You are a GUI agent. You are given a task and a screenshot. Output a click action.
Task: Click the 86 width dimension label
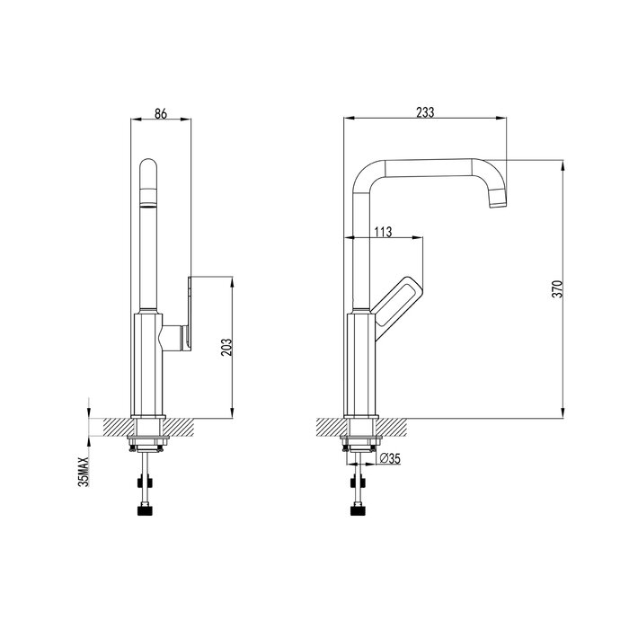(x=161, y=113)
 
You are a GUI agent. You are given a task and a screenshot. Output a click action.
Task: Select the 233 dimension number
(x=425, y=112)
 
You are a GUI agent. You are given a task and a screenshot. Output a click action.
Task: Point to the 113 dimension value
(x=383, y=232)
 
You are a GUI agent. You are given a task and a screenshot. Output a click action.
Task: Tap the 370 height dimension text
(x=558, y=288)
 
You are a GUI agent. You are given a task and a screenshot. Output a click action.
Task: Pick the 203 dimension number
(x=226, y=348)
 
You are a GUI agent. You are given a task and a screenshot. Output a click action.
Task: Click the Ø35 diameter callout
(x=389, y=458)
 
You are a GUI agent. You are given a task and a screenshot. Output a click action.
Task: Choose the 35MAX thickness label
(x=83, y=471)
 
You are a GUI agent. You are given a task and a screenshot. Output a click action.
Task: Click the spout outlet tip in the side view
(x=499, y=205)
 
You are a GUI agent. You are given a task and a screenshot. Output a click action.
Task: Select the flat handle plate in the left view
(x=189, y=314)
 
